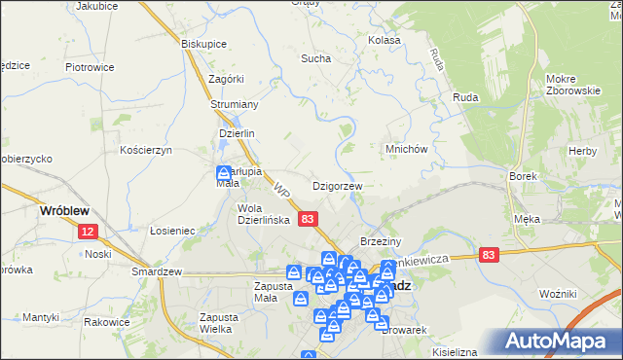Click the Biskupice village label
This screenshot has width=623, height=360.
(x=204, y=43)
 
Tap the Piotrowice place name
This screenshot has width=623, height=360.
(x=90, y=67)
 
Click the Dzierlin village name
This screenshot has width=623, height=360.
(x=236, y=135)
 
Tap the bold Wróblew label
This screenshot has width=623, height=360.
(x=64, y=209)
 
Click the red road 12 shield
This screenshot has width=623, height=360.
(x=89, y=231)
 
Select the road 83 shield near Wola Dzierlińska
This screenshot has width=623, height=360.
(x=308, y=220)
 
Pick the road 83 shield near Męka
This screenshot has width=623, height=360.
(x=489, y=254)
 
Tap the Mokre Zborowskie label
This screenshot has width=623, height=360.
(x=572, y=85)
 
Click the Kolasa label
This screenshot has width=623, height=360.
(x=385, y=41)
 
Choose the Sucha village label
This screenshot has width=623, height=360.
(x=315, y=58)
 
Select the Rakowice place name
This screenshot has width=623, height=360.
(x=107, y=322)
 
